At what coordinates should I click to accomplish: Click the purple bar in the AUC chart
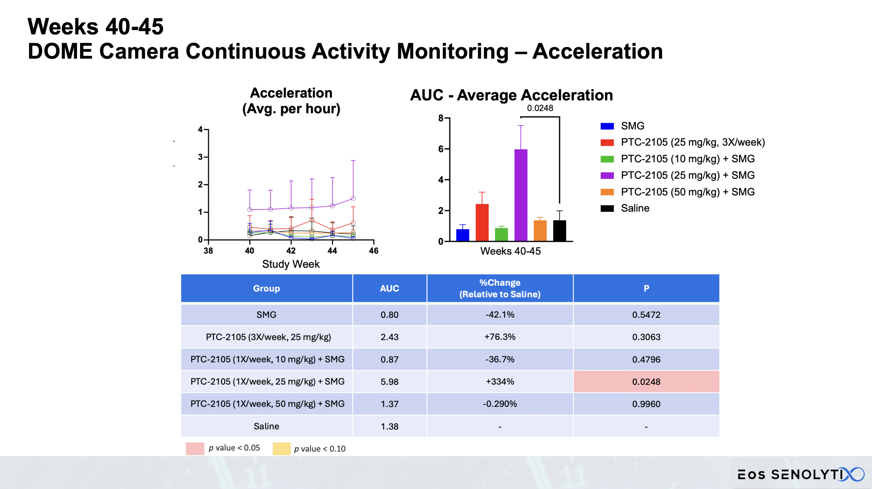tap(521, 195)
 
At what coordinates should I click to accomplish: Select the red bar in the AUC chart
tap(482, 222)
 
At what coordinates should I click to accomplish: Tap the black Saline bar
tap(559, 231)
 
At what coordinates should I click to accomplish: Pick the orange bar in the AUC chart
tap(540, 231)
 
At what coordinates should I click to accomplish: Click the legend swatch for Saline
tap(607, 208)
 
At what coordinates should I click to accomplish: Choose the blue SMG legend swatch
tap(607, 126)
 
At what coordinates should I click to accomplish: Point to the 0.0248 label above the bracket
tap(540, 108)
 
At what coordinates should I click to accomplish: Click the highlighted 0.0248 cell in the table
tap(646, 382)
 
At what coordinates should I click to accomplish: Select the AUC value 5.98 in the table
tap(389, 382)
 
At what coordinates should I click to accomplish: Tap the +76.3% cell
tap(500, 337)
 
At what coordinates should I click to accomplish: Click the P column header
tap(646, 288)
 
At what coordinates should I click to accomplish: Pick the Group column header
tap(266, 288)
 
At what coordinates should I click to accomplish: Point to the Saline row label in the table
tap(266, 426)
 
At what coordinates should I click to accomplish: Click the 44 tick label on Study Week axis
tap(332, 251)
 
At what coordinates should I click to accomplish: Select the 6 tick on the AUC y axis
tap(441, 149)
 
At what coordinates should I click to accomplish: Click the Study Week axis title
tap(291, 264)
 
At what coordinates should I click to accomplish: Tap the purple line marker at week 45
tap(353, 198)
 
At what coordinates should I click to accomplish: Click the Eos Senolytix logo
tap(800, 474)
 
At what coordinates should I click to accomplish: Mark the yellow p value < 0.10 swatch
tap(281, 449)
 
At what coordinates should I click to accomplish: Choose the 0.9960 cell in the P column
tap(646, 404)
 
